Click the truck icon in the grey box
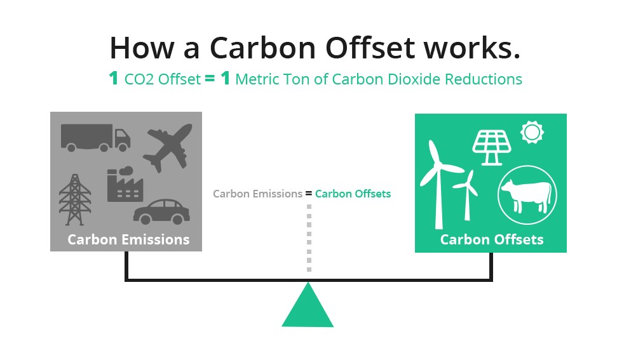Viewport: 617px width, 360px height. coord(95,138)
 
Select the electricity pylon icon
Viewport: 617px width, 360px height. coord(75,199)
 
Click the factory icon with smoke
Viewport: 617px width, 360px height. coord(125,185)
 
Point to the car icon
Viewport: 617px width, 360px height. coord(162,212)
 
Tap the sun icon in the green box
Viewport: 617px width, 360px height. coord(532,133)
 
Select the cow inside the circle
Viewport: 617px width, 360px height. coord(527,196)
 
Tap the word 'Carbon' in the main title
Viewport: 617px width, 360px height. coord(262,48)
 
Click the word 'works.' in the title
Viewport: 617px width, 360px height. coord(471,48)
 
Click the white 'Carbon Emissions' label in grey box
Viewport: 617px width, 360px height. coord(128,239)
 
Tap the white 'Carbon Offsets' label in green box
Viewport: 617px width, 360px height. coord(492,239)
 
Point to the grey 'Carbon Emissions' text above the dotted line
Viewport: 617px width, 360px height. coord(258,194)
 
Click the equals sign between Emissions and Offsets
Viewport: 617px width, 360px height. coord(309,194)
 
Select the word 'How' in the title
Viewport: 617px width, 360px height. coord(142,48)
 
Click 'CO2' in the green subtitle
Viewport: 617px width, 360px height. coord(139,79)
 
